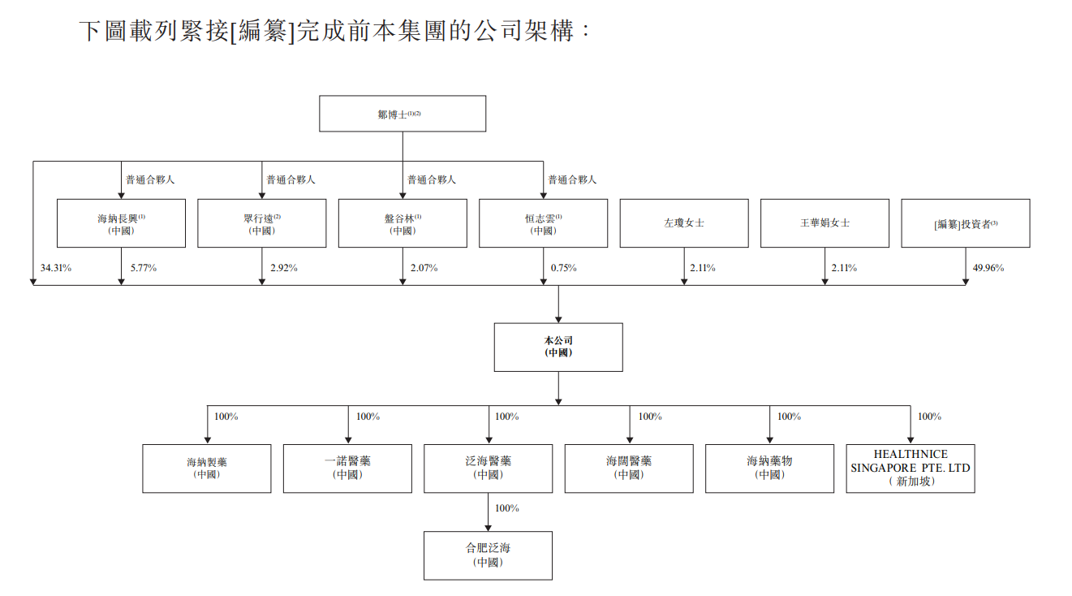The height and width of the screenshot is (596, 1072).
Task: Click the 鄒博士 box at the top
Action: (x=403, y=114)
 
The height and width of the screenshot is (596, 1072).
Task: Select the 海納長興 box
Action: (x=121, y=223)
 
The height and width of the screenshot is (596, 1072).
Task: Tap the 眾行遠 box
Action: (x=261, y=223)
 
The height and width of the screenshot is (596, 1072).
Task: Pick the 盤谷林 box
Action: (x=403, y=223)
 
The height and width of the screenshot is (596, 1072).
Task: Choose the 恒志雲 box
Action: (x=543, y=223)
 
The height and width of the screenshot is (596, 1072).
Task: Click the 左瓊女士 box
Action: (x=683, y=223)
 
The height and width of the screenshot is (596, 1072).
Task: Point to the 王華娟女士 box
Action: (x=824, y=223)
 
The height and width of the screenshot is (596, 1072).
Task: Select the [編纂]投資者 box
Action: (x=965, y=223)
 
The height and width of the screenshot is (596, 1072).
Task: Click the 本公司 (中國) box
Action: (x=558, y=347)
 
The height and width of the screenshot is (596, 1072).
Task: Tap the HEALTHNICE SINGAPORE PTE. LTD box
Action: (x=910, y=468)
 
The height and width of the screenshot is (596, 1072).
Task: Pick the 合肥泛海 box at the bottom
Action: (x=488, y=555)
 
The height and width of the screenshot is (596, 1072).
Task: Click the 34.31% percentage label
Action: (x=55, y=268)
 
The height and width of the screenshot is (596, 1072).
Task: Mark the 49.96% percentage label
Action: (x=987, y=268)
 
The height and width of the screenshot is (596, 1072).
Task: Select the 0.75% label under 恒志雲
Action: (x=563, y=268)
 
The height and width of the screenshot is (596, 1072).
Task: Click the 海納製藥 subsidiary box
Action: (x=206, y=468)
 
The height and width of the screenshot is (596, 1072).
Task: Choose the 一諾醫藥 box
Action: (x=347, y=468)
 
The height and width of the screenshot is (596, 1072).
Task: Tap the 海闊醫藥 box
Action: (x=629, y=468)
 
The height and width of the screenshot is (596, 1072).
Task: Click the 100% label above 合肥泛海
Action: (x=506, y=508)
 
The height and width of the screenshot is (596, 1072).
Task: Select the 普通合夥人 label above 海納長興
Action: (x=149, y=179)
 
